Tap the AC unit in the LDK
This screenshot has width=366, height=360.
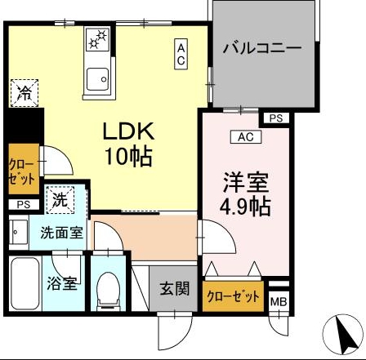(182, 55)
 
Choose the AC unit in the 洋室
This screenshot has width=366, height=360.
(246, 137)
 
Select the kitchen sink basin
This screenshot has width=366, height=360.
(98, 78)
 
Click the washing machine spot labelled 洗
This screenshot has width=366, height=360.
(59, 198)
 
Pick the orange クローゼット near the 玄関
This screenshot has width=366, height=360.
(234, 296)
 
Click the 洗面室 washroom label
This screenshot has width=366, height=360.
(61, 233)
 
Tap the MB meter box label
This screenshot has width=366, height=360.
(279, 302)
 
